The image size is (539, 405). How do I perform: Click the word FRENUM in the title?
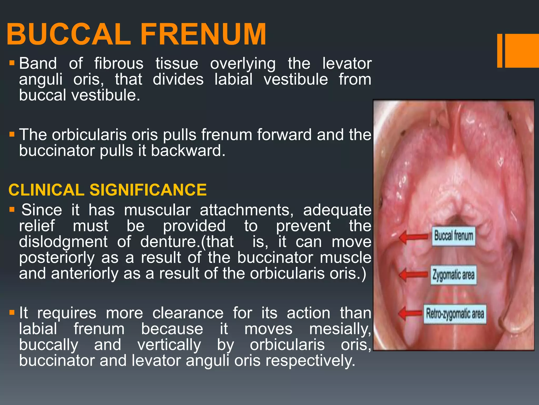tap(203, 34)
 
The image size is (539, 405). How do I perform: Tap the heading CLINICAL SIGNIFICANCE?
tap(107, 190)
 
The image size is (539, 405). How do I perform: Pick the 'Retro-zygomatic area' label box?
tap(455, 314)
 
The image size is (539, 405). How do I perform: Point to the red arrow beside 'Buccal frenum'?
tap(413, 237)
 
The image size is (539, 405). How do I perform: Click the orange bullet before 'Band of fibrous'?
tap(12, 63)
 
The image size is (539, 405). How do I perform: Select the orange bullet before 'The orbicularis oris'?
tap(12, 134)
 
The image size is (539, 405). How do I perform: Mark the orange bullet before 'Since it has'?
tap(12, 210)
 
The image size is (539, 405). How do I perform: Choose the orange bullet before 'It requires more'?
tap(12, 313)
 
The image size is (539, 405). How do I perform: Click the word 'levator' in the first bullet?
tap(347, 64)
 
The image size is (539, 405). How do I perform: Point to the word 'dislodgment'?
tap(63, 242)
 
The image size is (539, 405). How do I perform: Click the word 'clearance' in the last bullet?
tap(188, 313)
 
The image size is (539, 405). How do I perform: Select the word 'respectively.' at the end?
tap(310, 361)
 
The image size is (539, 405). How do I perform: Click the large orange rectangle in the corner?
tap(522, 51)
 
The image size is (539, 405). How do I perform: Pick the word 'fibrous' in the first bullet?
tap(119, 64)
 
